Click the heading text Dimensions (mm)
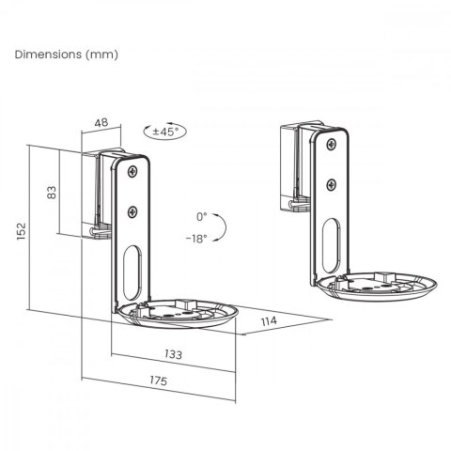tap(66, 54)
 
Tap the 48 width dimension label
tap(101, 123)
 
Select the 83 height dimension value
tap(53, 192)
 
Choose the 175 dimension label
tap(158, 381)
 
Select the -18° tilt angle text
tap(195, 239)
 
